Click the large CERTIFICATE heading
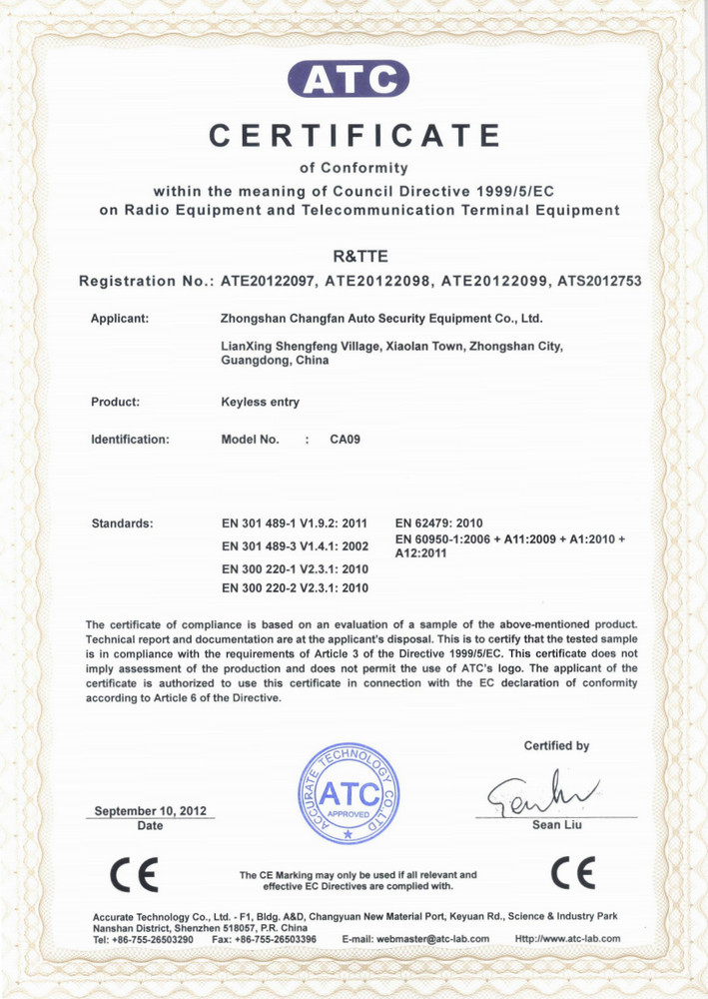(x=354, y=134)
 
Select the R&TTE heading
(x=354, y=257)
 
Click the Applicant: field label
(x=120, y=319)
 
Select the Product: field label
(x=115, y=402)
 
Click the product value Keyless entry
(x=260, y=402)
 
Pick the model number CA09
(x=345, y=439)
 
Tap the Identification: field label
(x=130, y=439)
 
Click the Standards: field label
(x=122, y=522)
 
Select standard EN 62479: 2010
(x=439, y=522)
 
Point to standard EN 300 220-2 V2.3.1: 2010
(x=295, y=587)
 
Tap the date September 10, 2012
(x=150, y=811)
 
